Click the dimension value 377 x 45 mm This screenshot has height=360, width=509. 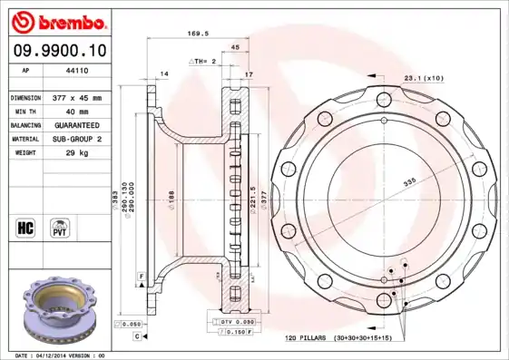tap(74, 97)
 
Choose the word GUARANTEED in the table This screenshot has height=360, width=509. tap(74, 125)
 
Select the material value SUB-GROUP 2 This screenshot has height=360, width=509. tap(74, 139)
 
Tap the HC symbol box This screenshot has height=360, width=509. tap(26, 226)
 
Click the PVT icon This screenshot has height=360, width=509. tap(62, 226)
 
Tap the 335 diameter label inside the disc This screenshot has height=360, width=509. tap(409, 181)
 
